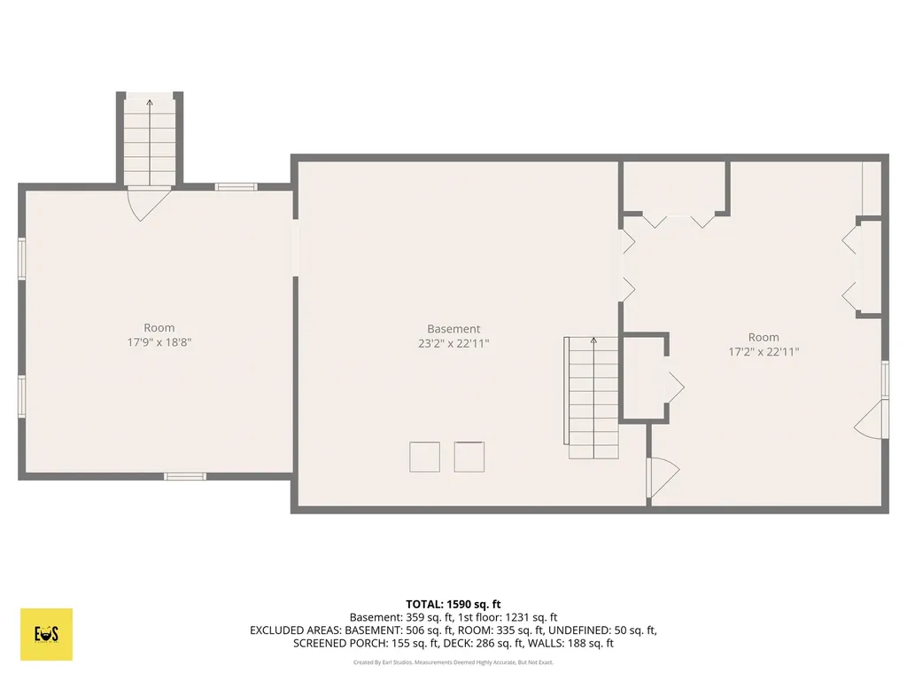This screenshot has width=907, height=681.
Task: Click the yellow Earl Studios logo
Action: (46, 634)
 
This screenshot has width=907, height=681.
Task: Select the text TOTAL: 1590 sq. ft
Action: (453, 605)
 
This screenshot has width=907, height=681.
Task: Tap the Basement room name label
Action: (453, 329)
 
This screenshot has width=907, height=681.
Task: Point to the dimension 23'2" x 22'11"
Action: (453, 343)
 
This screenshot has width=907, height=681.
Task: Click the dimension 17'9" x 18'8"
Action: (159, 342)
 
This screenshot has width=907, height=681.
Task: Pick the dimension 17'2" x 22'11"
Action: (764, 351)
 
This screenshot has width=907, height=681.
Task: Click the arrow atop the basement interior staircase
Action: (593, 340)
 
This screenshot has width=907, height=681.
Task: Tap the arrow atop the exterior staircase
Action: (150, 103)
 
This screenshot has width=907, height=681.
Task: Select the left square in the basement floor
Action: (424, 457)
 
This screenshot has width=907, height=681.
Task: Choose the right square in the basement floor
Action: (469, 457)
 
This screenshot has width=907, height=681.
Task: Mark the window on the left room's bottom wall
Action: (184, 476)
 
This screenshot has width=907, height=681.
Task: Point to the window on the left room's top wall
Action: (236, 186)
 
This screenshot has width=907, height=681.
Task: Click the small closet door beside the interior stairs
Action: (676, 387)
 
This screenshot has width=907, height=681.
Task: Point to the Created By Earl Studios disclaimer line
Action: (453, 662)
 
